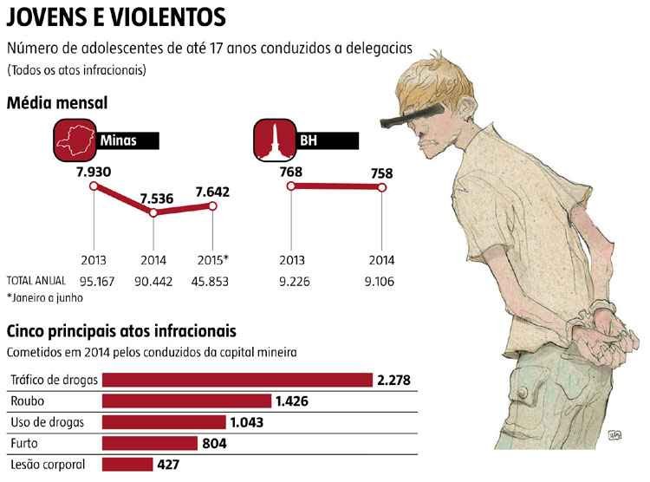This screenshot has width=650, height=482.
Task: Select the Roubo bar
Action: tap(186, 401)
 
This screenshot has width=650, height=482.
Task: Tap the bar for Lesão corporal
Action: tap(127, 464)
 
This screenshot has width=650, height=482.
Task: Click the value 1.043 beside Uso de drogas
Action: tap(250, 422)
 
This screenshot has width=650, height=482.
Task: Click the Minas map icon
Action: tap(75, 139)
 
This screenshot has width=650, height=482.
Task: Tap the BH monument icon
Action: tap(272, 140)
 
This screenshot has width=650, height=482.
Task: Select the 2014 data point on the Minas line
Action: tap(153, 212)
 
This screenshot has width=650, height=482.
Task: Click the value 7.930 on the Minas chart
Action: tap(93, 172)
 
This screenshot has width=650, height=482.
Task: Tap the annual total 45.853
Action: tap(212, 281)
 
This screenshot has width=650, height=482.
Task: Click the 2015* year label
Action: tap(213, 260)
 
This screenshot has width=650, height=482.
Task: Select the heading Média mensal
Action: tap(57, 103)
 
